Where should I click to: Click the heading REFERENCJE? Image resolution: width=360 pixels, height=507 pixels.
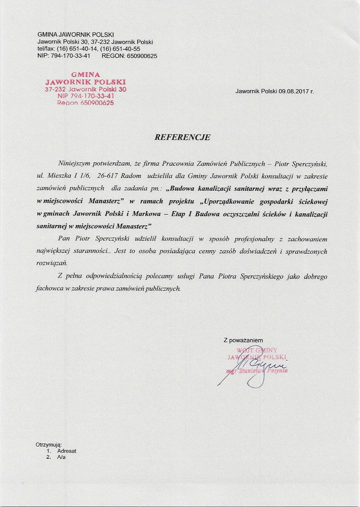[182, 137]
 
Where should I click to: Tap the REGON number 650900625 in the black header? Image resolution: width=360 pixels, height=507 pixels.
[141, 56]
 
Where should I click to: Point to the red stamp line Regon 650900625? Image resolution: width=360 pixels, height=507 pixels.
[85, 103]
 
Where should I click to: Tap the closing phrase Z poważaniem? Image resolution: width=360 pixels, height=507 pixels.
[243, 340]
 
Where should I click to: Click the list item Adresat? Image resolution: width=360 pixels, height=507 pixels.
[67, 451]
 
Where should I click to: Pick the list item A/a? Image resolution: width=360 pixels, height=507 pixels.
[61, 457]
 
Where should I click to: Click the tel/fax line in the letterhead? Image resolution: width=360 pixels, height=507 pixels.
[89, 49]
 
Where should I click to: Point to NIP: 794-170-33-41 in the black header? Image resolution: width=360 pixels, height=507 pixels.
[64, 56]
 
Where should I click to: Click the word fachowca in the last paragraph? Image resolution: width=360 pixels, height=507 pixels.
[49, 289]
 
